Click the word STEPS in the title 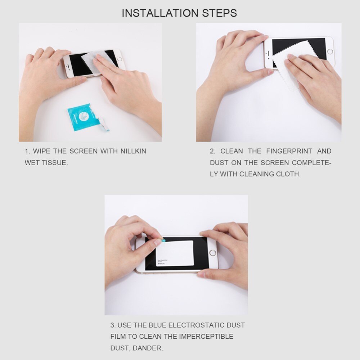pos(219,13)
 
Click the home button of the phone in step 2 pos(330,51)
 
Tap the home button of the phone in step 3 pos(212,252)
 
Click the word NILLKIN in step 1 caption pos(133,151)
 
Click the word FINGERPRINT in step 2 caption pos(290,151)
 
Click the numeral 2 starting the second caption pos(212,151)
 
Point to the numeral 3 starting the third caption pos(113,325)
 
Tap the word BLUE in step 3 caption pos(158,325)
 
